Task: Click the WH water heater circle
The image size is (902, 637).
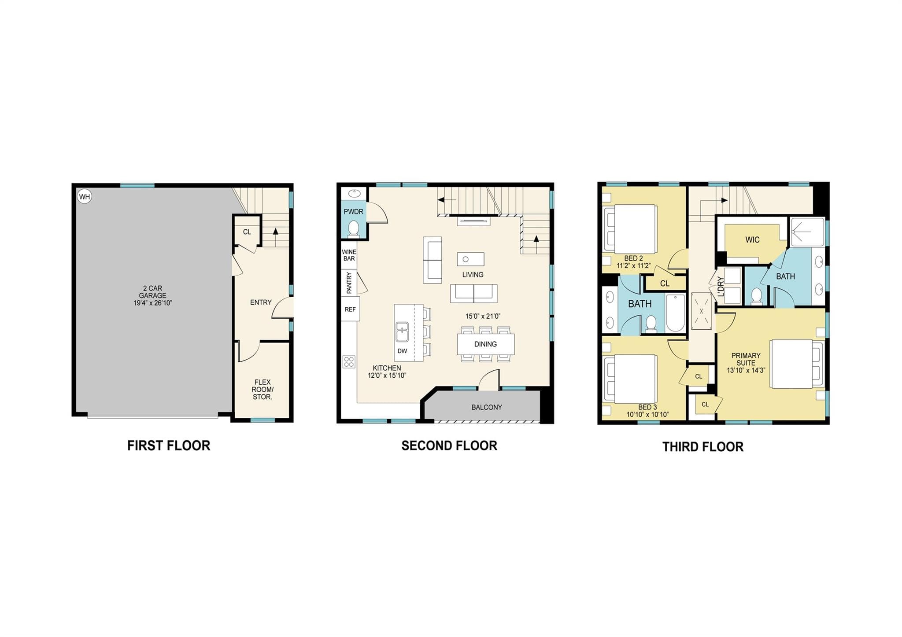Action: click(x=85, y=196)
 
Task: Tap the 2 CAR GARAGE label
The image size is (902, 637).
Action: click(x=153, y=292)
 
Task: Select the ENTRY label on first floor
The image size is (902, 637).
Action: click(x=261, y=302)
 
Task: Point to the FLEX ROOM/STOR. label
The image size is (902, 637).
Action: click(x=262, y=390)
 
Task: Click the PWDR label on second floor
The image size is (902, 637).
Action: click(x=354, y=212)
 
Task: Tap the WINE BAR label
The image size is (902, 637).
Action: click(x=349, y=255)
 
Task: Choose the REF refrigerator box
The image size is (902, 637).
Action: click(x=351, y=309)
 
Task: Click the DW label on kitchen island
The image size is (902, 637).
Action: click(x=402, y=351)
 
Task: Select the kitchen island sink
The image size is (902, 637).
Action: click(x=402, y=332)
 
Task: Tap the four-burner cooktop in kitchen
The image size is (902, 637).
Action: click(x=349, y=362)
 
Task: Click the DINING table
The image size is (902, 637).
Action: click(x=486, y=344)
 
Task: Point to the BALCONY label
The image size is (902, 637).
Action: click(x=487, y=407)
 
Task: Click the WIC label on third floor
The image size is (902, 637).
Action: click(x=752, y=240)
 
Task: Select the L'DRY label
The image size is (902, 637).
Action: click(x=721, y=286)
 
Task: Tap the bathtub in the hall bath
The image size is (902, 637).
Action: click(x=676, y=313)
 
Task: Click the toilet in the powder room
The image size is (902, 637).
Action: click(x=353, y=229)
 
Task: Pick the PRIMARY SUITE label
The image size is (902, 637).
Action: click(x=746, y=363)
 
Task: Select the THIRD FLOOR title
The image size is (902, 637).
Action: click(x=703, y=447)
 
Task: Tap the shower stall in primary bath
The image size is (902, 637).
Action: click(x=807, y=232)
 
